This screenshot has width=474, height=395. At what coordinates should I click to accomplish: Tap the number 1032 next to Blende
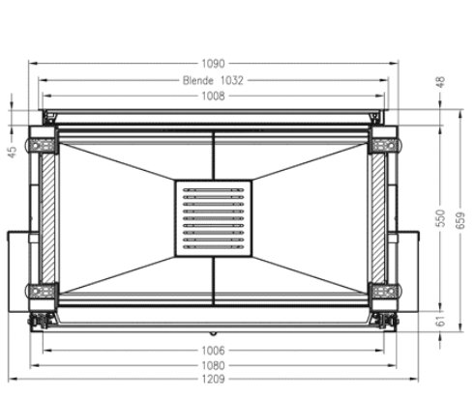pos(230,81)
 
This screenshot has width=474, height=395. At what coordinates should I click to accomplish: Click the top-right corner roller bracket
pos(382,144)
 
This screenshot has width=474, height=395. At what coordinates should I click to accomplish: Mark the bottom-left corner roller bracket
pos(43,293)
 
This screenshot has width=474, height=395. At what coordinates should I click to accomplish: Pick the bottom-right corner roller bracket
pos(382,293)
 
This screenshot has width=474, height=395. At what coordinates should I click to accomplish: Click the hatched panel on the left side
pos(45,218)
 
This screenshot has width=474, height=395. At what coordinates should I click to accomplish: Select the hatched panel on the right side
pos(378,218)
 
